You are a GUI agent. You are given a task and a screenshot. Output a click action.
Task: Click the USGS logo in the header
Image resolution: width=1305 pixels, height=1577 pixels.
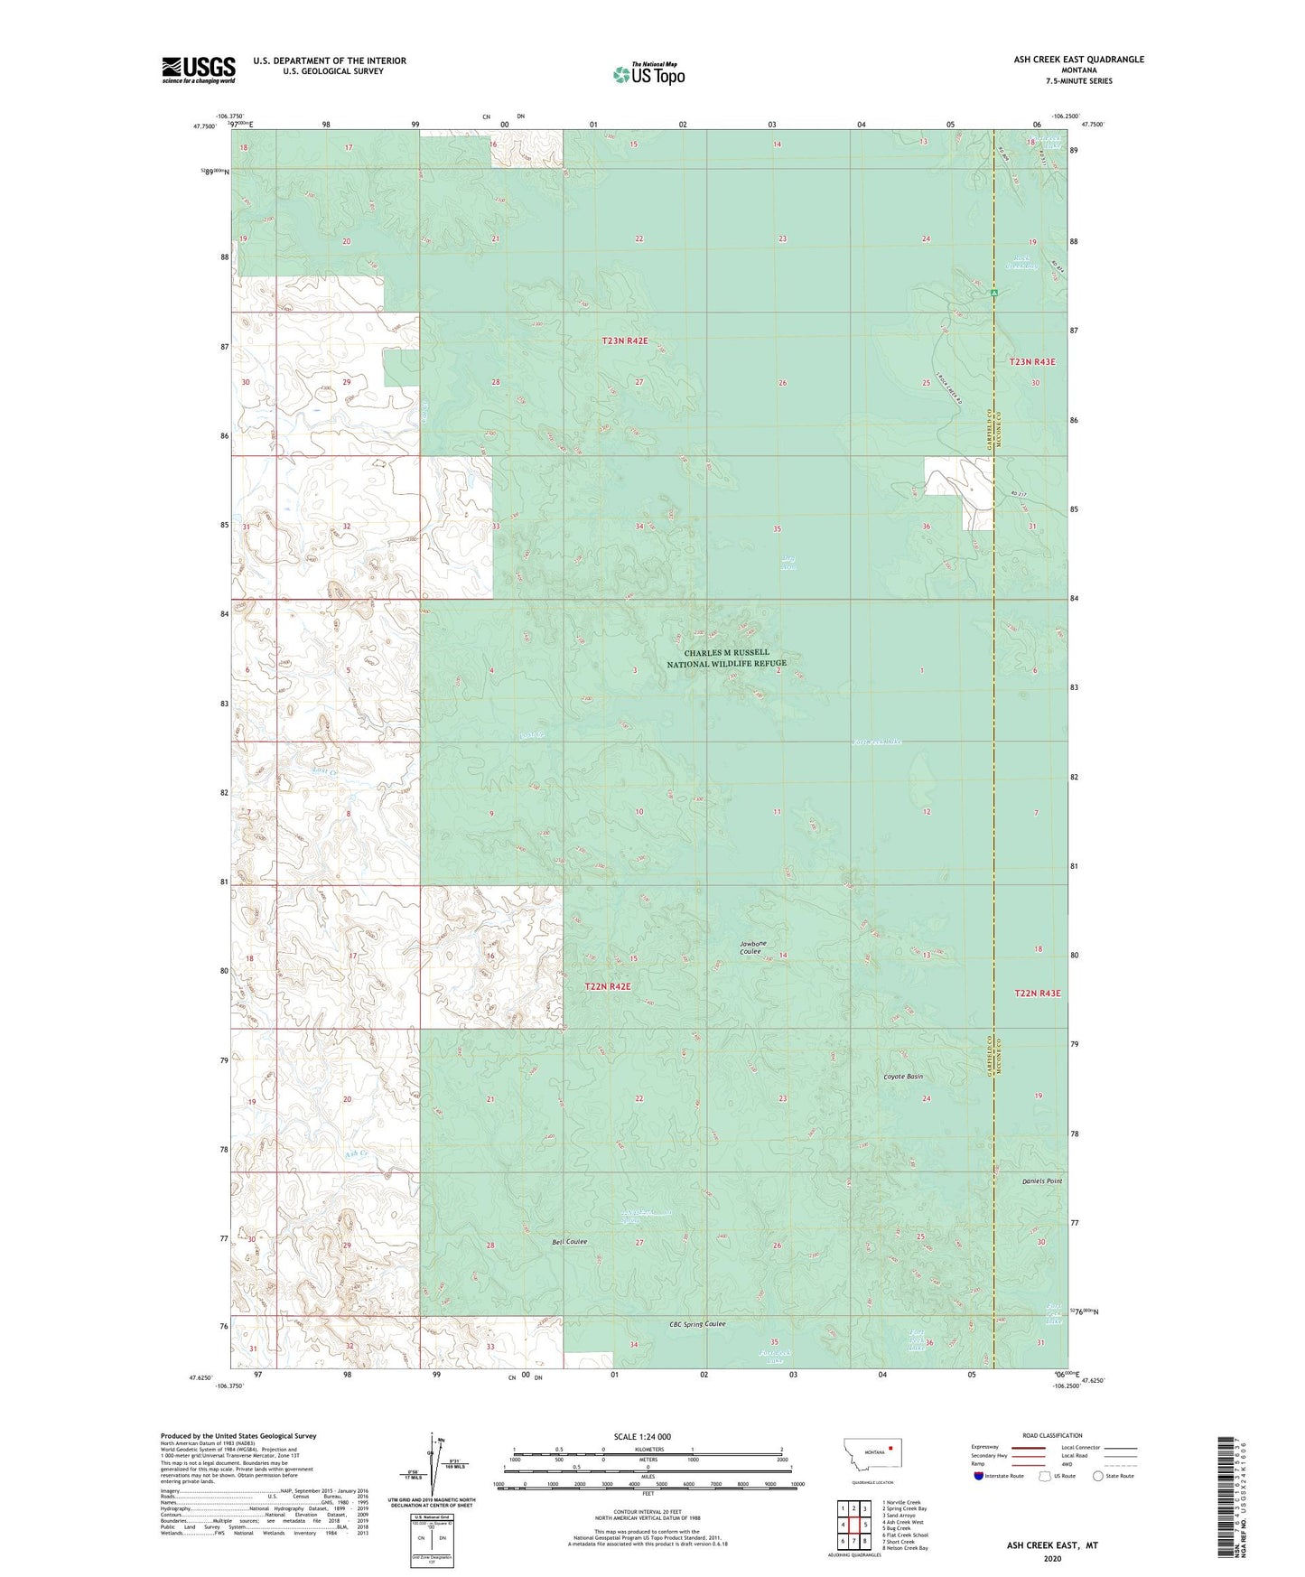click(x=199, y=70)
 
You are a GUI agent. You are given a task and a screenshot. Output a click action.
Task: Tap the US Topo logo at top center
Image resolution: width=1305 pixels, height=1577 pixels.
click(x=648, y=74)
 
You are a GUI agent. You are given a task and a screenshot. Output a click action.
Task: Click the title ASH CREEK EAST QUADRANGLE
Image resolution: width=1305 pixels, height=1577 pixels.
click(x=1078, y=60)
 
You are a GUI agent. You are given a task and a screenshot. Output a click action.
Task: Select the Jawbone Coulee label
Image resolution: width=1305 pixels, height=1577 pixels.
click(x=750, y=947)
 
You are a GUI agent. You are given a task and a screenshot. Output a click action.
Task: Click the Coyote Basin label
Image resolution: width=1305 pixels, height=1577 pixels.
click(x=902, y=1078)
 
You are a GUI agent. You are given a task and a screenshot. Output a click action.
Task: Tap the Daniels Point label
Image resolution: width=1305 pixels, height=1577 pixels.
click(x=1041, y=1181)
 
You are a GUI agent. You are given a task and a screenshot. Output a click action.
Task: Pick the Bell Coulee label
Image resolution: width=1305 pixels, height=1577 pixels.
click(x=569, y=1242)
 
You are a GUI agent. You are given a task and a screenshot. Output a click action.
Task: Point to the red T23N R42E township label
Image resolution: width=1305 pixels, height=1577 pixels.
click(x=624, y=341)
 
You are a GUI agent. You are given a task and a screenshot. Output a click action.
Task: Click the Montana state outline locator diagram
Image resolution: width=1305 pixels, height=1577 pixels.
click(x=872, y=1458)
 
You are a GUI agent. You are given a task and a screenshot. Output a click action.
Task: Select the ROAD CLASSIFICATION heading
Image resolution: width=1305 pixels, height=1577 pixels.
click(x=1053, y=1435)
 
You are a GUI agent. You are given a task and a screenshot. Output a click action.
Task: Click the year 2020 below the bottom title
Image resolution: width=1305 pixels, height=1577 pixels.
click(x=1052, y=1558)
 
